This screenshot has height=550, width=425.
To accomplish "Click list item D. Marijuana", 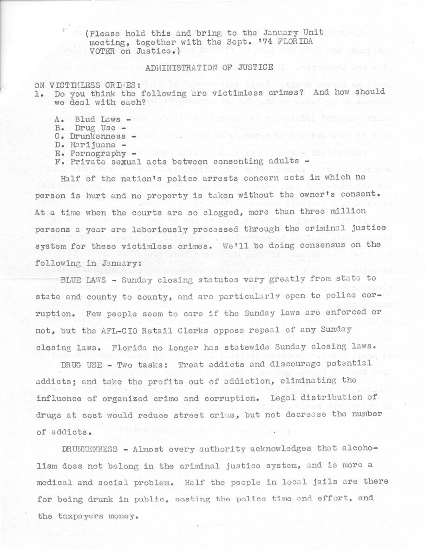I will pos(90,144).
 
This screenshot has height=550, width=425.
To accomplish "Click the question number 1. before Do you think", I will pos(39,93).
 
